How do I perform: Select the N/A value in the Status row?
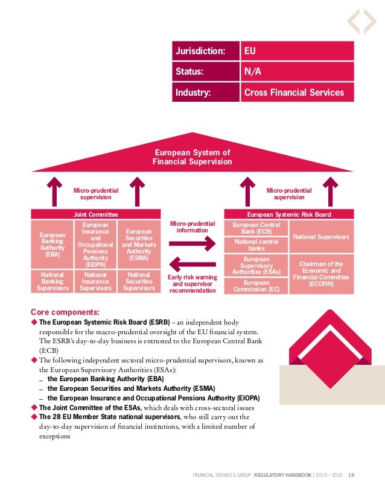click(x=296, y=72)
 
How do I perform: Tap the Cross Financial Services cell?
click(x=296, y=93)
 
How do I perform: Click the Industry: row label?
click(x=205, y=93)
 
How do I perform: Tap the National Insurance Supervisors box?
click(x=95, y=281)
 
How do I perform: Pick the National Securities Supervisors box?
click(x=139, y=281)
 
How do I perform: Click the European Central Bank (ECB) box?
click(x=256, y=227)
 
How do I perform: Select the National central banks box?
click(x=256, y=244)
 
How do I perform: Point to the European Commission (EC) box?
click(x=256, y=285)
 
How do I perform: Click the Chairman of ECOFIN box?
click(x=321, y=273)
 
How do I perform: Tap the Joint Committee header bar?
click(x=95, y=214)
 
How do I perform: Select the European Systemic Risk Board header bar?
click(x=289, y=214)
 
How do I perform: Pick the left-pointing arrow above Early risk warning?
click(x=192, y=264)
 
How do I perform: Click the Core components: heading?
click(x=65, y=311)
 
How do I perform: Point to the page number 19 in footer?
click(x=351, y=476)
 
